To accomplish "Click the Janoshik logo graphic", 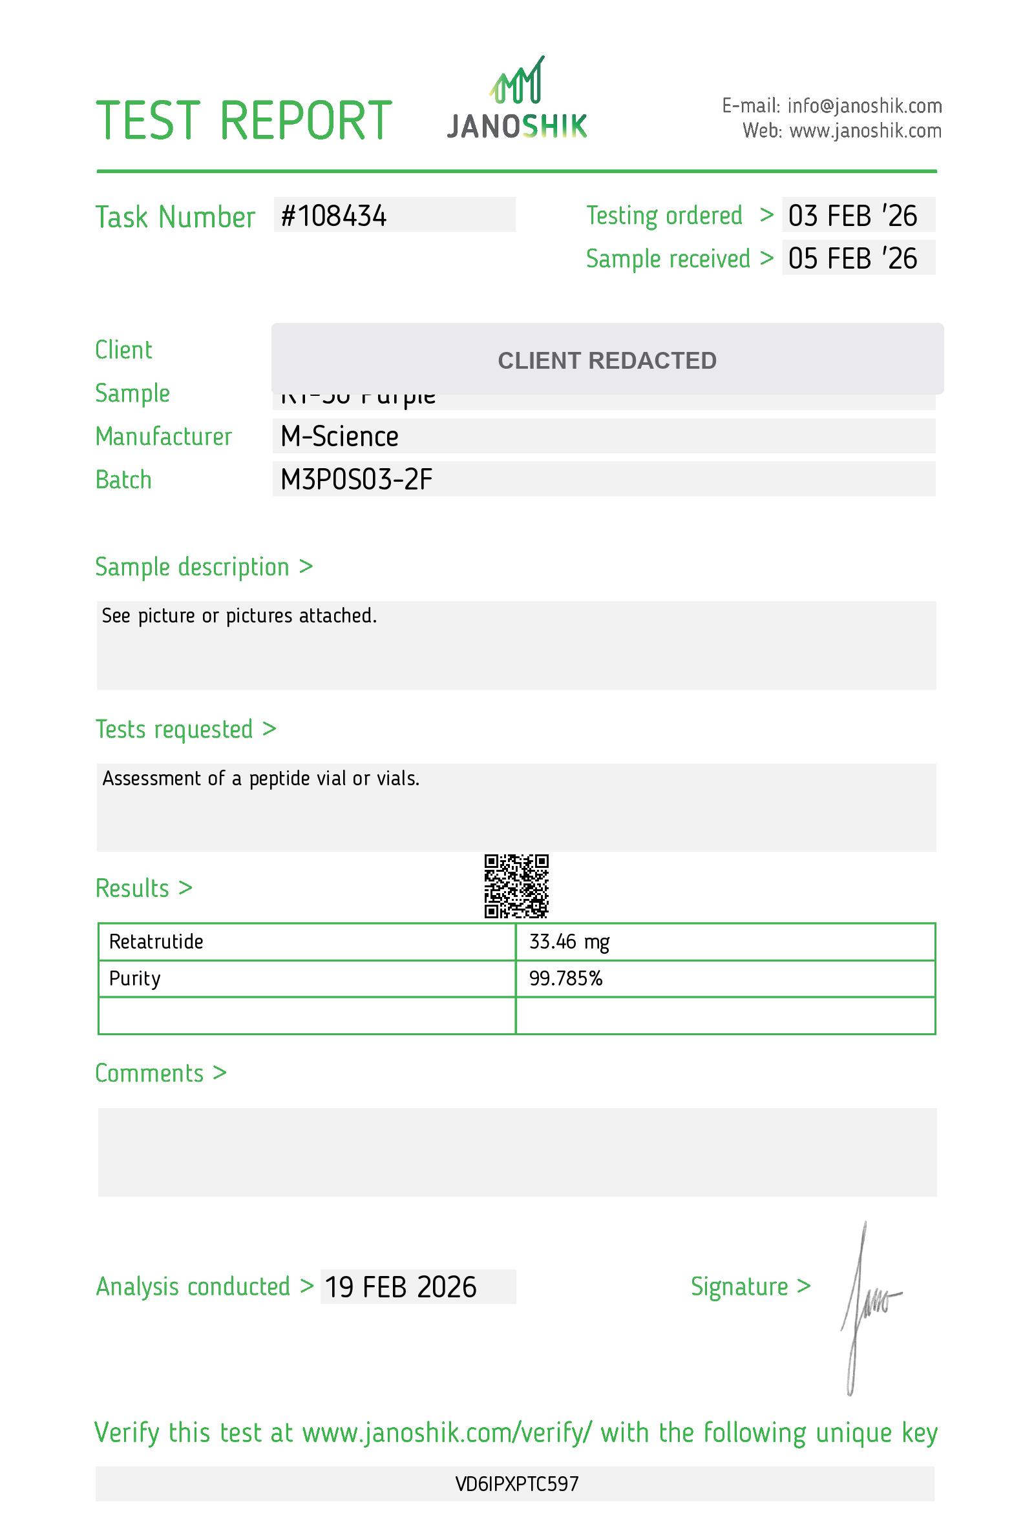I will coord(517,98).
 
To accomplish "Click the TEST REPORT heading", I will coord(244,121).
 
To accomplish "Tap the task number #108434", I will coord(334,216).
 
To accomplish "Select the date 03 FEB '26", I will coord(852,216).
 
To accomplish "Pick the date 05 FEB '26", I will coord(852,258).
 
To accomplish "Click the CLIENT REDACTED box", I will coord(607,360).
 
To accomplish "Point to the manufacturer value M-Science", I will coord(339,437).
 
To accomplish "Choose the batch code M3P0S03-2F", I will coord(356,480).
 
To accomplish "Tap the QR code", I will coord(516,886).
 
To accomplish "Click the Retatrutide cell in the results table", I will coord(156,942).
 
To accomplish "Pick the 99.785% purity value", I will coord(565,978).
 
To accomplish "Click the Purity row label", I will coord(134,978).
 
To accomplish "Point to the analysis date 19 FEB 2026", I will coord(400,1287).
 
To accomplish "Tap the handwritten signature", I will coord(866,1305).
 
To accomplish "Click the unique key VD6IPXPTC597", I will coord(517,1484).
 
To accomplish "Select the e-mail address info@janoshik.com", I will coord(864,105).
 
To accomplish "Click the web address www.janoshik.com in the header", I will coord(865,131).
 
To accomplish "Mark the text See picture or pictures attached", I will coord(240,616).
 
